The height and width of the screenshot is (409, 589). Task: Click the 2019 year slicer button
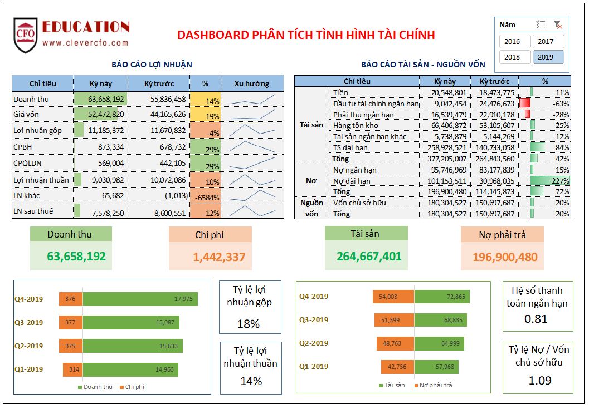(x=548, y=57)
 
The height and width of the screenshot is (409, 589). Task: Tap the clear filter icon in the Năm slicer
(x=557, y=24)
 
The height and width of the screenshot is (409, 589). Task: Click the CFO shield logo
(x=26, y=35)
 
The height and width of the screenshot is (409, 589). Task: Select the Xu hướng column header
(x=251, y=83)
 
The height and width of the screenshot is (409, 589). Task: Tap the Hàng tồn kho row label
(x=356, y=125)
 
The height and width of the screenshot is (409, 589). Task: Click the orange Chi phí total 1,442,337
(x=219, y=257)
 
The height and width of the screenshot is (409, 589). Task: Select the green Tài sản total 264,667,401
(x=368, y=257)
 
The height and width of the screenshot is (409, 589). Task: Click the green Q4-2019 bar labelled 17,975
(x=139, y=299)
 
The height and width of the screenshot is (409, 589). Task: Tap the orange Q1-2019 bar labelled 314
(x=72, y=369)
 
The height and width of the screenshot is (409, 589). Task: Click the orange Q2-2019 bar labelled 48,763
(x=395, y=343)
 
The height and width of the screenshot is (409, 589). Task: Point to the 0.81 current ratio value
(x=536, y=319)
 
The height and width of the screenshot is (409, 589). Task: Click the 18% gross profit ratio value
(x=249, y=324)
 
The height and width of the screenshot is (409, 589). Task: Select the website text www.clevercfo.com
(x=85, y=43)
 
